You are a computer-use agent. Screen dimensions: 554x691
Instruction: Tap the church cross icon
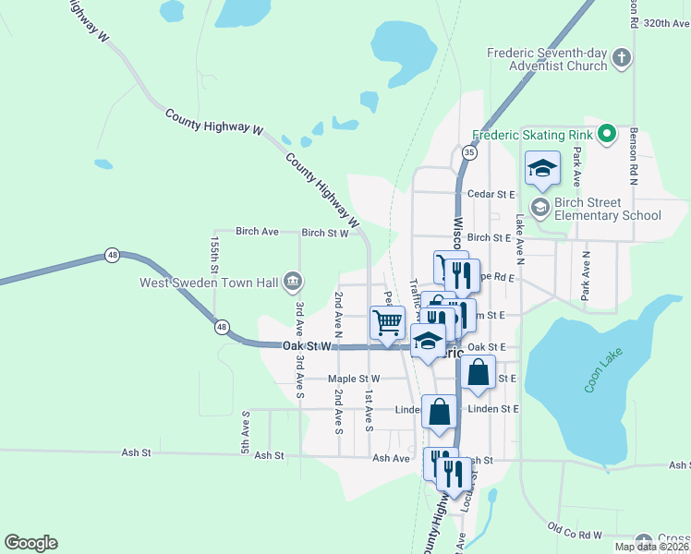(622, 59)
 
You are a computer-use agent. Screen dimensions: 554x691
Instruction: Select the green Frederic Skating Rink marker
(607, 134)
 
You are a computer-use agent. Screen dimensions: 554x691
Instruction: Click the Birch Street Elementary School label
(608, 209)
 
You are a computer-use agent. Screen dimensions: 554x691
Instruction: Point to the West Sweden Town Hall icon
(293, 279)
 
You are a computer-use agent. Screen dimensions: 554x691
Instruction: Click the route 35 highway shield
(470, 152)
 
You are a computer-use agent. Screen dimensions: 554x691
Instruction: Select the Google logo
(30, 543)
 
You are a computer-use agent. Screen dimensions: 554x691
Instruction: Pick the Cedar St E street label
(491, 195)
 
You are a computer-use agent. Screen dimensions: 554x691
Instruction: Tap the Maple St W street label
(355, 379)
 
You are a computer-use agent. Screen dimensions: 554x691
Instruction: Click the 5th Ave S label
(246, 432)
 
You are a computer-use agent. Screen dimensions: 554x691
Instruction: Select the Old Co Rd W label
(574, 530)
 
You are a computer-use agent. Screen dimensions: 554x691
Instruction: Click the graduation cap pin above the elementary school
(543, 169)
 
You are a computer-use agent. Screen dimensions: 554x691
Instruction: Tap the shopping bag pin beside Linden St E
(440, 411)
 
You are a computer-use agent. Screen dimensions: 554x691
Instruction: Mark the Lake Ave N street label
(520, 236)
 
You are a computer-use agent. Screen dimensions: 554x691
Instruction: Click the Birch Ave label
(257, 231)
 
